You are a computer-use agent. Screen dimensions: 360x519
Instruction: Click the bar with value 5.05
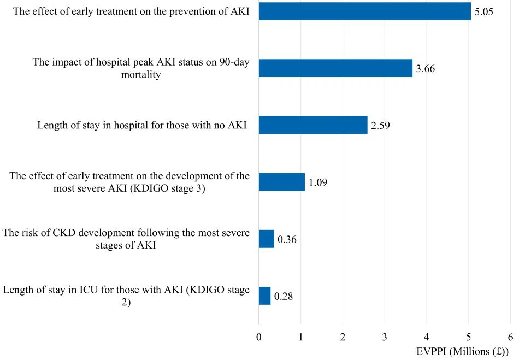pyautogui.click(x=364, y=11)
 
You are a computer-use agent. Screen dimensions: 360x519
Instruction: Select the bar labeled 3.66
pyautogui.click(x=335, y=68)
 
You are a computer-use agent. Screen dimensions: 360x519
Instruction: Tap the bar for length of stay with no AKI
pyautogui.click(x=313, y=125)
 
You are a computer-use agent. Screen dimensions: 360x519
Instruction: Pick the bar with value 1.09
pyautogui.click(x=282, y=182)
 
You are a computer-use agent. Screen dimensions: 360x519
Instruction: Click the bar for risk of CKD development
pyautogui.click(x=267, y=239)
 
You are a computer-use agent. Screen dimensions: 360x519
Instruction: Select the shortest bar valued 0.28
pyautogui.click(x=265, y=296)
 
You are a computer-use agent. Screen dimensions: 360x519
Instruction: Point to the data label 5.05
pyautogui.click(x=484, y=12)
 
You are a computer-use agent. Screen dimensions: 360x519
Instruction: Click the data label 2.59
pyautogui.click(x=380, y=126)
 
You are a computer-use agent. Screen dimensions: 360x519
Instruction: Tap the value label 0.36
pyautogui.click(x=287, y=240)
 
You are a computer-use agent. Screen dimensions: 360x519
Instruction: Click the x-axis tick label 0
pyautogui.click(x=259, y=337)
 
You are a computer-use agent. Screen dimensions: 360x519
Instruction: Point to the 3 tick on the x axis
pyautogui.click(x=385, y=337)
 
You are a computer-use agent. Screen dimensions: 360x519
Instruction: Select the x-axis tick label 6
pyautogui.click(x=510, y=337)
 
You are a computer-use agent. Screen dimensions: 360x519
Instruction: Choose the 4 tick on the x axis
pyautogui.click(x=427, y=337)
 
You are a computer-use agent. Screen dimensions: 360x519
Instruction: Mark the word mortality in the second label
pyautogui.click(x=141, y=75)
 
